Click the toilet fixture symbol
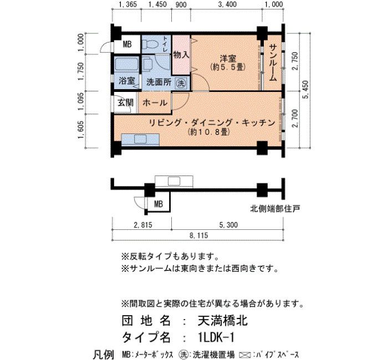[x=151, y=45]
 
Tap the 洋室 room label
[x=228, y=59]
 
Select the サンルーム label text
[x=273, y=63]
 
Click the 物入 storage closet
[x=181, y=55]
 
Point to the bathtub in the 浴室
[x=126, y=64]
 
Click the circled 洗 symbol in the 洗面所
[x=181, y=83]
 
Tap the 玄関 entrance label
[x=125, y=102]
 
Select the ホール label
[x=155, y=102]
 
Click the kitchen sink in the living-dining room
[x=140, y=139]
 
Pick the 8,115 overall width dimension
[x=198, y=235]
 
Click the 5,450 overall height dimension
[x=306, y=89]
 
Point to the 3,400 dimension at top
[x=227, y=4]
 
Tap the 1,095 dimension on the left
[x=81, y=102]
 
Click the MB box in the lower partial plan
[x=159, y=204]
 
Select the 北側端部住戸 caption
[x=275, y=209]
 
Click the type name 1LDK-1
[x=216, y=337]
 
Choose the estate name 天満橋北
[x=222, y=321]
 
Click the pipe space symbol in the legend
[x=245, y=356]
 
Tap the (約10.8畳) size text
[x=209, y=132]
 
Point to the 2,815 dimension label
[x=143, y=225]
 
